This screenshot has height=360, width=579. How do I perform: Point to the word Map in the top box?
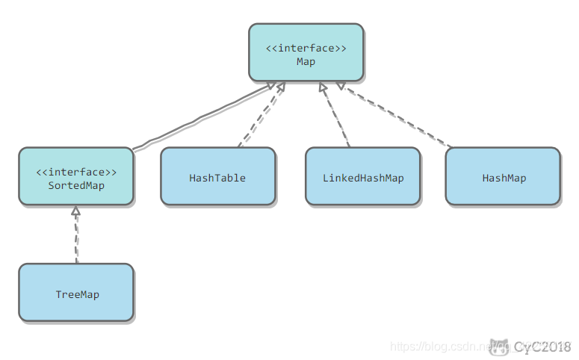pos(306,62)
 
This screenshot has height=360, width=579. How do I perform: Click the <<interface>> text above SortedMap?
pos(76,172)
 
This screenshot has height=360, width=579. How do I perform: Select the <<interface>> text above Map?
pos(306,49)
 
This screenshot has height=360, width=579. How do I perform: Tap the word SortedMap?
pos(76,185)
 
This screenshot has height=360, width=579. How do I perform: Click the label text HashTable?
pos(217,179)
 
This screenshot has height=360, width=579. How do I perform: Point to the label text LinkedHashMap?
pos(363,179)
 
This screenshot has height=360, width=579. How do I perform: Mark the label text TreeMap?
pos(77,295)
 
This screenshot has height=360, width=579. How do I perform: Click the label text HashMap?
pos(504,179)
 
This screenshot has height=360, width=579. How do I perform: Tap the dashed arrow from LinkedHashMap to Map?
pos(335,116)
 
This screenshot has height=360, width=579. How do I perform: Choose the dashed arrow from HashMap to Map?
pos(396,116)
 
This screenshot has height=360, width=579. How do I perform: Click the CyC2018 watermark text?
pos(542,347)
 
